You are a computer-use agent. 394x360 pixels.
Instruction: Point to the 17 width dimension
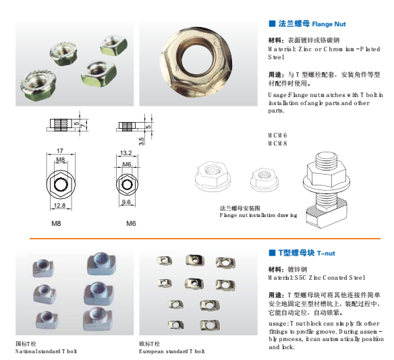click(60, 150)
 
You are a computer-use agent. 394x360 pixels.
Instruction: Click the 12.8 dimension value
click(61, 206)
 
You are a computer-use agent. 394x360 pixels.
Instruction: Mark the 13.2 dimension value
click(125, 153)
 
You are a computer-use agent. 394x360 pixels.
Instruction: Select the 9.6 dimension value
click(125, 202)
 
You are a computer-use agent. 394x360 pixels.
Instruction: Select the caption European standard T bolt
click(171, 351)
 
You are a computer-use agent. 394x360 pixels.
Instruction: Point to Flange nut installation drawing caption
click(258, 215)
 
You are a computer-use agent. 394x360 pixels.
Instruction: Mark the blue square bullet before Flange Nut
click(272, 24)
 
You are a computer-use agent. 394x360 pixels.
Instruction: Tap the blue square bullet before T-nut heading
click(272, 253)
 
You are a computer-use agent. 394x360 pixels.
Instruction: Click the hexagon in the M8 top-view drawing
click(60, 183)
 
